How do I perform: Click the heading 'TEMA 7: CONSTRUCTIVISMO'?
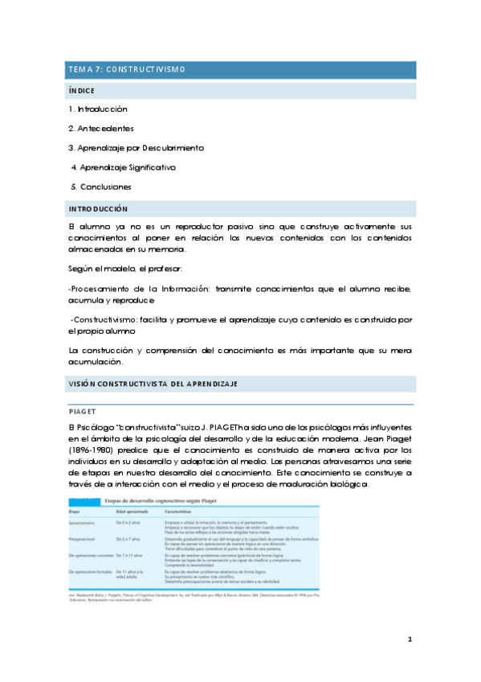[127, 70]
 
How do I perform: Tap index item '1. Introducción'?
[98, 109]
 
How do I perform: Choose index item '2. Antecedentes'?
[101, 129]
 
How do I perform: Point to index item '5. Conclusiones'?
[102, 187]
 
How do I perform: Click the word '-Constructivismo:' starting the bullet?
[107, 320]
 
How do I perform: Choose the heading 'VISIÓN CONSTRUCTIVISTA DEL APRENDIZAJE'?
[153, 384]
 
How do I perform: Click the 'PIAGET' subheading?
[83, 409]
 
